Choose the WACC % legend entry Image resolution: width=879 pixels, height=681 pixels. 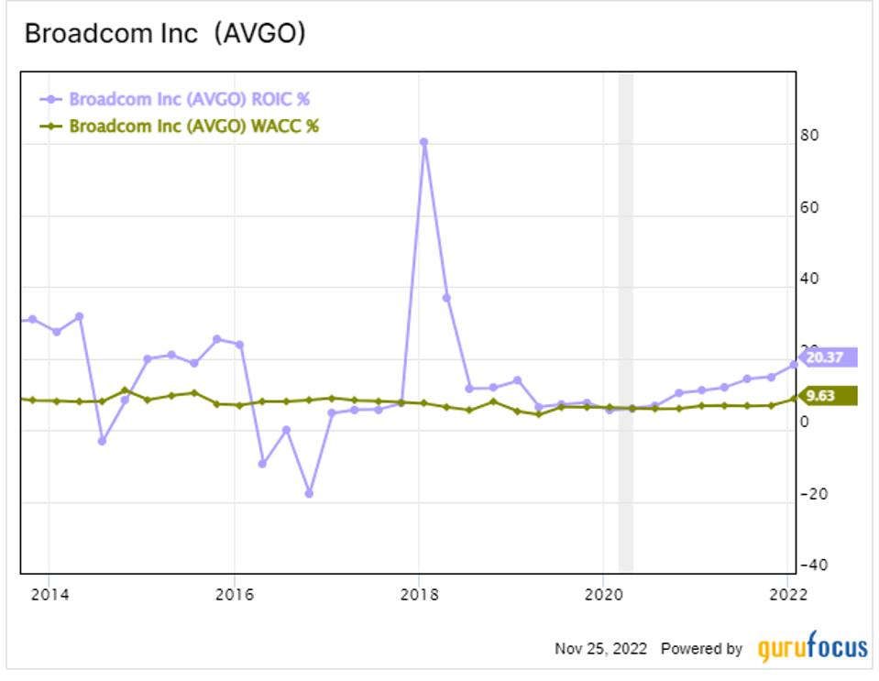pos(193,126)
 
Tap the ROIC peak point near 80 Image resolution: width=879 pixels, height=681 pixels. pos(423,142)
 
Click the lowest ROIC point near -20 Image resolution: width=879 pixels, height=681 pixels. pos(309,493)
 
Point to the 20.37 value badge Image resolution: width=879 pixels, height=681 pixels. pos(829,357)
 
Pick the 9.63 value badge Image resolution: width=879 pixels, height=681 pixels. pos(829,396)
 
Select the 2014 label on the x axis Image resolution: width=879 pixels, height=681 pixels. pos(49,593)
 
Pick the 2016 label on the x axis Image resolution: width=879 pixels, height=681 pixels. pos(234,593)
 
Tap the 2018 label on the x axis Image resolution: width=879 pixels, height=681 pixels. pos(419,593)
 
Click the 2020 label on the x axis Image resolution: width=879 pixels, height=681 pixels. pos(603,593)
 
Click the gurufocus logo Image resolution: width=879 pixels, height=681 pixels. pos(812,648)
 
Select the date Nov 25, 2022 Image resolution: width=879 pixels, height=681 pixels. pos(600,649)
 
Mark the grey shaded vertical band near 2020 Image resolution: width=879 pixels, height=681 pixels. pos(625,321)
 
